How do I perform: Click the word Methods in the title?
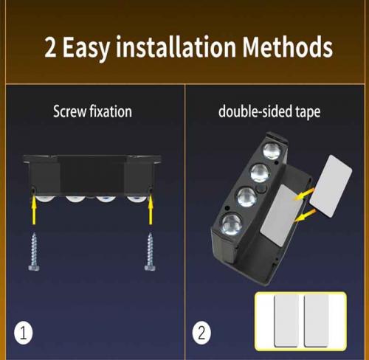(287, 47)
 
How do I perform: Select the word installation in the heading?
(176, 46)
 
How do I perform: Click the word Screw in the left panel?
(69, 111)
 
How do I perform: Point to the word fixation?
(111, 111)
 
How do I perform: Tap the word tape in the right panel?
(308, 112)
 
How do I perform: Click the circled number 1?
(24, 333)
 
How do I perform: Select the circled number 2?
(201, 333)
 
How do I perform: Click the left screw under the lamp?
(34, 252)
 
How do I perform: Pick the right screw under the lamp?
(150, 252)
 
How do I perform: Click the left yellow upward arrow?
(34, 210)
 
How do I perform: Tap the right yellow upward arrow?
(151, 210)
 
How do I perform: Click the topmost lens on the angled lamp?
(272, 150)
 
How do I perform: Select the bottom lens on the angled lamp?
(232, 224)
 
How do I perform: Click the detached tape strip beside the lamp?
(331, 186)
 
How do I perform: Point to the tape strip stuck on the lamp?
(281, 215)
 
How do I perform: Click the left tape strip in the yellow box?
(286, 321)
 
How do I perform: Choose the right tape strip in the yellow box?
(317, 321)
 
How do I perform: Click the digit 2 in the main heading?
(50, 48)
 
